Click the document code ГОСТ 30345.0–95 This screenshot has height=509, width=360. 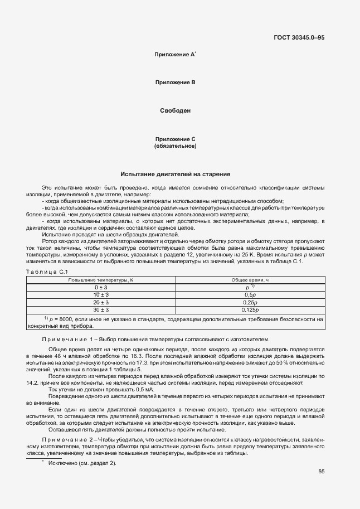click(x=299, y=38)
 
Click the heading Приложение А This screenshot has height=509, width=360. click(x=174, y=55)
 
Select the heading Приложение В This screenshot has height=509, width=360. click(x=175, y=83)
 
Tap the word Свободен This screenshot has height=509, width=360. click(x=176, y=111)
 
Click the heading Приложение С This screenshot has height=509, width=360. click(x=175, y=139)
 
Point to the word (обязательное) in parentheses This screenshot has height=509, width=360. click(x=175, y=146)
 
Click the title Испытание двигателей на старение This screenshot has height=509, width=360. click(x=176, y=174)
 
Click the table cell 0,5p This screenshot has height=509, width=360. click(x=250, y=294)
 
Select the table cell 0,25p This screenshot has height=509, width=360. click(x=250, y=302)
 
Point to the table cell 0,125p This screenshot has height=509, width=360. click(x=250, y=309)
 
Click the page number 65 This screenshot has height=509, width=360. click(x=322, y=472)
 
